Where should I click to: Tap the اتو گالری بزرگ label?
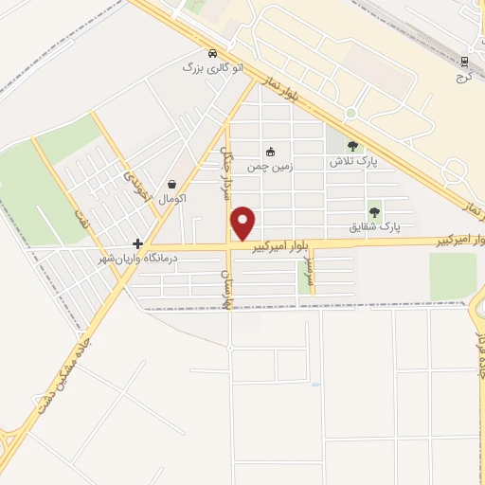(213, 68)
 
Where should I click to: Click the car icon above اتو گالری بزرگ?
(213, 53)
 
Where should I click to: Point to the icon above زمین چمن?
(270, 151)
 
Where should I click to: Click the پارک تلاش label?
(353, 162)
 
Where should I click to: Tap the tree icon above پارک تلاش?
(353, 146)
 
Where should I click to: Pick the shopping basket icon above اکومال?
(171, 184)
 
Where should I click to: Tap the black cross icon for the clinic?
(138, 243)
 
